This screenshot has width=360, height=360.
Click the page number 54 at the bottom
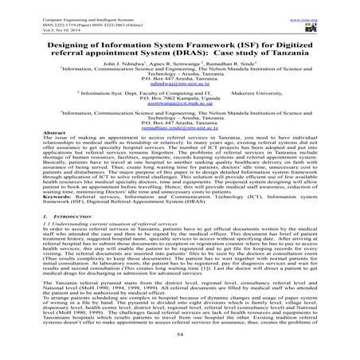180,338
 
